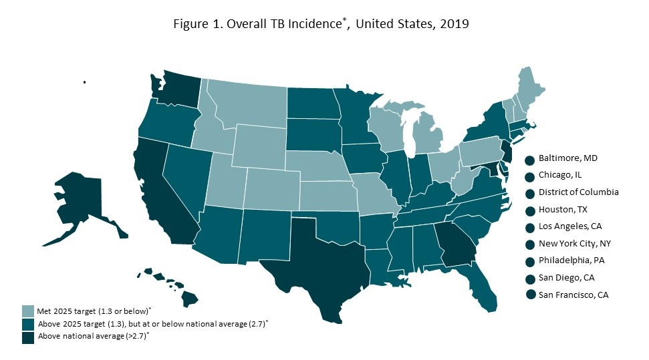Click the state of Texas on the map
point(314,260)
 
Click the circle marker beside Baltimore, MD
point(529,160)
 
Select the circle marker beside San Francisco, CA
point(529,295)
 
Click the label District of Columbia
point(578,192)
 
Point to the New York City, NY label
point(573,244)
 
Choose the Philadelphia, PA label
point(569,261)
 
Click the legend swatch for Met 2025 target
point(27,311)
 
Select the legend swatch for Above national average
point(27,336)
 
